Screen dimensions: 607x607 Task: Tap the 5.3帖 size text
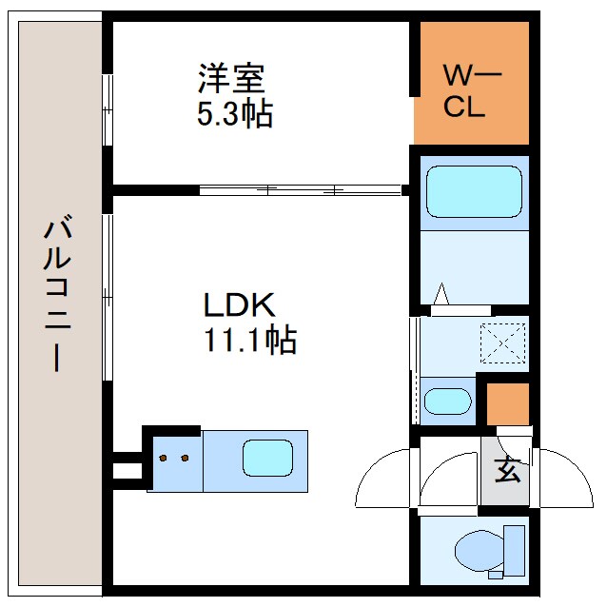(x=234, y=114)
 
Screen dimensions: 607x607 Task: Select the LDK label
(x=238, y=305)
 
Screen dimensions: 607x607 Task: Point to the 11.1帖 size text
(x=248, y=340)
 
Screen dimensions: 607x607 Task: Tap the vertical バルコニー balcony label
(x=57, y=295)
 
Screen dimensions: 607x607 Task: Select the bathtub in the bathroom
(x=474, y=192)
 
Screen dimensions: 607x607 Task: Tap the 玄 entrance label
(x=507, y=469)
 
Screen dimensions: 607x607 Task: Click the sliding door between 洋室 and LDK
(x=300, y=189)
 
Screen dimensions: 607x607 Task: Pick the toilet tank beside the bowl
(x=514, y=550)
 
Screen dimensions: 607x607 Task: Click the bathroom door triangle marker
(x=443, y=296)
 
